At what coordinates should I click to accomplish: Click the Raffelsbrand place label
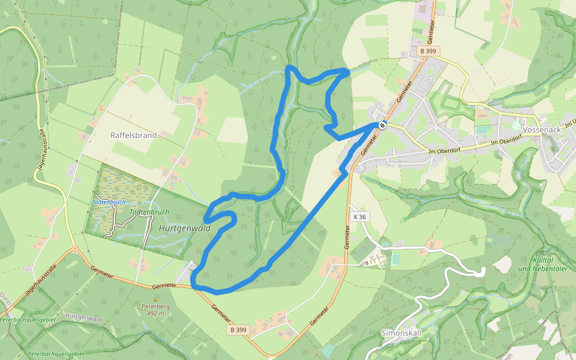[x=133, y=136]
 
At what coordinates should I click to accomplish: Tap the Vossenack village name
[x=541, y=130]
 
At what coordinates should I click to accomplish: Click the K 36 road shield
[x=360, y=217]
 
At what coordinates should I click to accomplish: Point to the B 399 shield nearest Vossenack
[x=428, y=52]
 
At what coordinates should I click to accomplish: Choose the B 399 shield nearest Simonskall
[x=238, y=330]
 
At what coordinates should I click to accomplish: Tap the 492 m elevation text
[x=155, y=313]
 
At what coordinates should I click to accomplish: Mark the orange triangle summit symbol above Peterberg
[x=155, y=298]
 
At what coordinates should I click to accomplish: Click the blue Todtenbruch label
[x=109, y=202]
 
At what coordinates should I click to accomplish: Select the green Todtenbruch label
[x=149, y=212]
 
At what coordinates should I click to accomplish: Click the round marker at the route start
[x=382, y=125]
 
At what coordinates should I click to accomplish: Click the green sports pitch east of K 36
[x=395, y=259]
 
